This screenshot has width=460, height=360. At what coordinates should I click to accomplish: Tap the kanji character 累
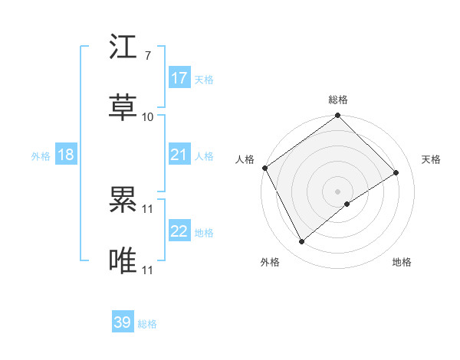(x=123, y=201)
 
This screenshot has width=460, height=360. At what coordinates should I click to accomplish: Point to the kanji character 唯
(x=123, y=260)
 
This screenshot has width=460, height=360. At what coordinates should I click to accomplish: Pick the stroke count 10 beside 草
(x=148, y=116)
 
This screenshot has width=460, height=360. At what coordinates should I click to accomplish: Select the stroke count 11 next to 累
(x=148, y=208)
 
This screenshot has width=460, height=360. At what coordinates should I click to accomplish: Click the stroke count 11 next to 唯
(x=148, y=270)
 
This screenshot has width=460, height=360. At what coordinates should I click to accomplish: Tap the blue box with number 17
(x=179, y=78)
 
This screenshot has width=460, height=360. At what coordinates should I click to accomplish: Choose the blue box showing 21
(x=179, y=155)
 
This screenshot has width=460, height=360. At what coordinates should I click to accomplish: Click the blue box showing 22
(x=179, y=231)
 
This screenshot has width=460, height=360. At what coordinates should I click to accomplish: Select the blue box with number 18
(x=66, y=155)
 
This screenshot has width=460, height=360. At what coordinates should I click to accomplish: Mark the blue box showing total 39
(x=123, y=322)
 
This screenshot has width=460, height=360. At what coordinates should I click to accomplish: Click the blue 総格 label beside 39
(x=147, y=324)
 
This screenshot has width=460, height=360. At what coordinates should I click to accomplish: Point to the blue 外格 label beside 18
(x=41, y=156)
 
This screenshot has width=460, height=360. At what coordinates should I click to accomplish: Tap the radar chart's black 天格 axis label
(x=431, y=159)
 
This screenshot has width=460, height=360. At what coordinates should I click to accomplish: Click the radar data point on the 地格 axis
(x=347, y=204)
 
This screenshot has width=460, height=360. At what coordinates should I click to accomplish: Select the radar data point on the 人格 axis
(x=264, y=168)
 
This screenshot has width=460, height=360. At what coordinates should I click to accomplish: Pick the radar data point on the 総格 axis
(x=337, y=116)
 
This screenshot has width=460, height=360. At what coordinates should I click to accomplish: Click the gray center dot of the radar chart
(x=337, y=191)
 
